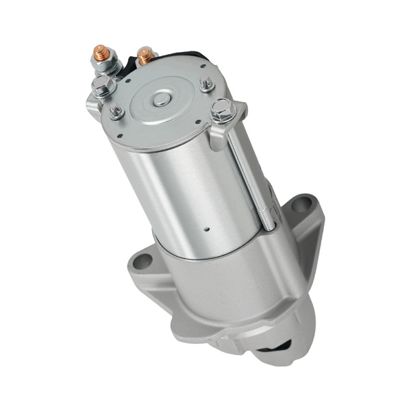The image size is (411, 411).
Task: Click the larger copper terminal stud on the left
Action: coord(101,53)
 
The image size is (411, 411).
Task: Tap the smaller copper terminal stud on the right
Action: coord(145,55)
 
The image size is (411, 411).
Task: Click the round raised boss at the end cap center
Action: coord(162,99)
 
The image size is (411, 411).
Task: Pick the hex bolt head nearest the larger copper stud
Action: coord(102,86)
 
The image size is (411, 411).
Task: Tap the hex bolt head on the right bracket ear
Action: coord(223,108)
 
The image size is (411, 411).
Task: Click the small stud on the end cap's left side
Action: coord(116,110)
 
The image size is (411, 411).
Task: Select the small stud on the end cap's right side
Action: coord(207,85)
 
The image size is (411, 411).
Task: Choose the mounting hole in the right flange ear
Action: coord(304,206)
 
